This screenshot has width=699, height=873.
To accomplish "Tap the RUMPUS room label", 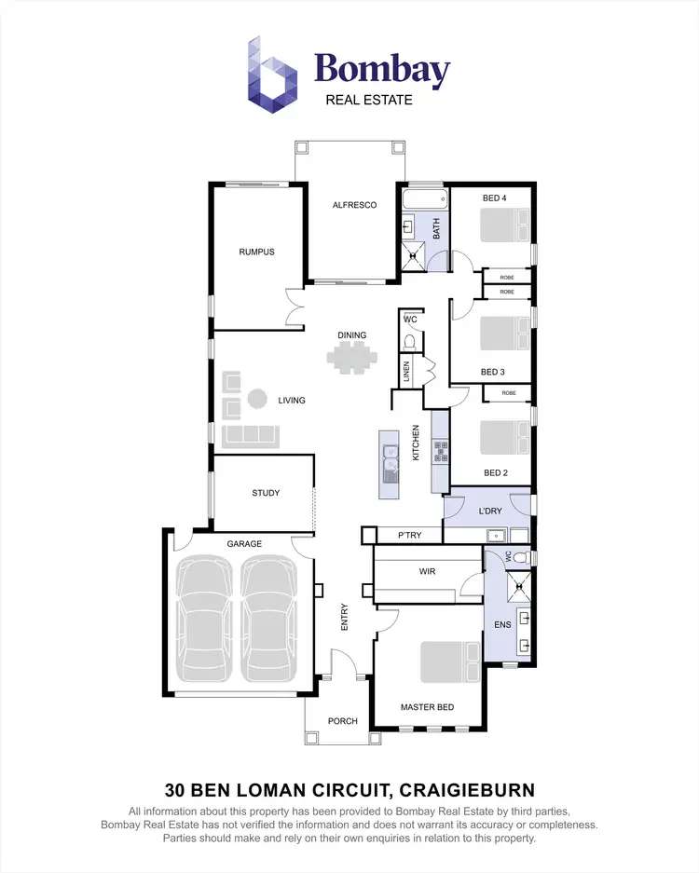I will [x=256, y=252].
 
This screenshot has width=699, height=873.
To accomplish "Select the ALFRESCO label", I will [x=354, y=205].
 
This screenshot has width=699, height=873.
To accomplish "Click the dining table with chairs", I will [x=352, y=357].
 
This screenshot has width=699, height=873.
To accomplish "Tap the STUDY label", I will [x=266, y=494].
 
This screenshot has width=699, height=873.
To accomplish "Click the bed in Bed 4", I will [x=506, y=226].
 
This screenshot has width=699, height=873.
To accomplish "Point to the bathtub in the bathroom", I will [x=424, y=200].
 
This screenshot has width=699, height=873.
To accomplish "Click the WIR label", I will [x=428, y=571].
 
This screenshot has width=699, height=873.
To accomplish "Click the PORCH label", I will [x=342, y=721].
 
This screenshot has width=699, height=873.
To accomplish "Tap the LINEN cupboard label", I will [x=406, y=373].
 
